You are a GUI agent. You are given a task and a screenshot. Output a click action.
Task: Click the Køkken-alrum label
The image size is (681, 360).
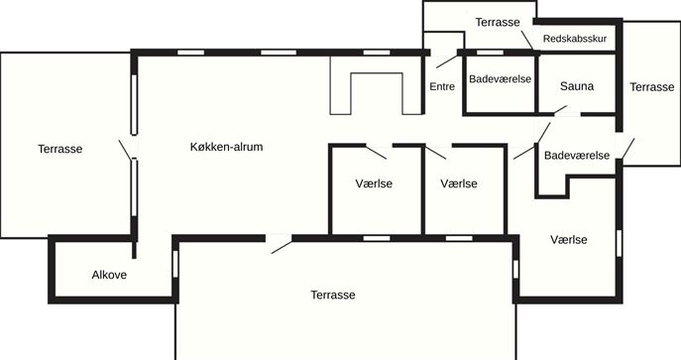click(226, 147)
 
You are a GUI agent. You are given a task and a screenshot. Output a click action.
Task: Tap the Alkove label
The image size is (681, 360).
click(109, 275)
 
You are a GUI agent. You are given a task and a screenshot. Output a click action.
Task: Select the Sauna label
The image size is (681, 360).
click(577, 86)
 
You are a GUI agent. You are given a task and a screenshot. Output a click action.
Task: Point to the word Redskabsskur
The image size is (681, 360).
click(575, 39)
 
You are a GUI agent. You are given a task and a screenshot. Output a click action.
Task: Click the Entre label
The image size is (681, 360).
click(442, 86)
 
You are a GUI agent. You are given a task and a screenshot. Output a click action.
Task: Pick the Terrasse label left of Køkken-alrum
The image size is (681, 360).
click(59, 149)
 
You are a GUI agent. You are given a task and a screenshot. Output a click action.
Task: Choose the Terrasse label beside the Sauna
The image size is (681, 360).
click(652, 87)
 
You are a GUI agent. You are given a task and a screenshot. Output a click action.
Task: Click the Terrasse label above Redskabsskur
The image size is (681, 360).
click(498, 22)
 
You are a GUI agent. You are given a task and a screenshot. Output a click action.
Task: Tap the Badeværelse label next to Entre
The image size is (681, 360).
click(500, 79)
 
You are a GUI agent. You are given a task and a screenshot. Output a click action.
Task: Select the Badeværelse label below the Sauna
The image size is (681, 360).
click(577, 155)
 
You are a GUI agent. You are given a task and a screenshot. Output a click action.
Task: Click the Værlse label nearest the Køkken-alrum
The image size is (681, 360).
click(374, 183)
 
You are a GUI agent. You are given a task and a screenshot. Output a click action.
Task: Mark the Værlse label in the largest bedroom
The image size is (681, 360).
click(569, 240)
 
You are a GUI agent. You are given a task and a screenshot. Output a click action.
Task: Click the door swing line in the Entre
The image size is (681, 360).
click(447, 61)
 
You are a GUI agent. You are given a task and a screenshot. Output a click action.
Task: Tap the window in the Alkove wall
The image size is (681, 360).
click(175, 264)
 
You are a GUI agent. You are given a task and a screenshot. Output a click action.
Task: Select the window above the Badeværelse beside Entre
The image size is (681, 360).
click(491, 53)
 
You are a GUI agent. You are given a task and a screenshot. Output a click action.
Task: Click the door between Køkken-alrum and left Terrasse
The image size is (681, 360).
click(125, 150)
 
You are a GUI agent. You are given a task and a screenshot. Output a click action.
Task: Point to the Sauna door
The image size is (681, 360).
click(560, 109)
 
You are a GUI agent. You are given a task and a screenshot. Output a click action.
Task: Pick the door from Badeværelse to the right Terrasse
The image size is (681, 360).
click(628, 149)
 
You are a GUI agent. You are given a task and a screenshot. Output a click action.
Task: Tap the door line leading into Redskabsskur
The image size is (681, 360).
click(526, 40)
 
